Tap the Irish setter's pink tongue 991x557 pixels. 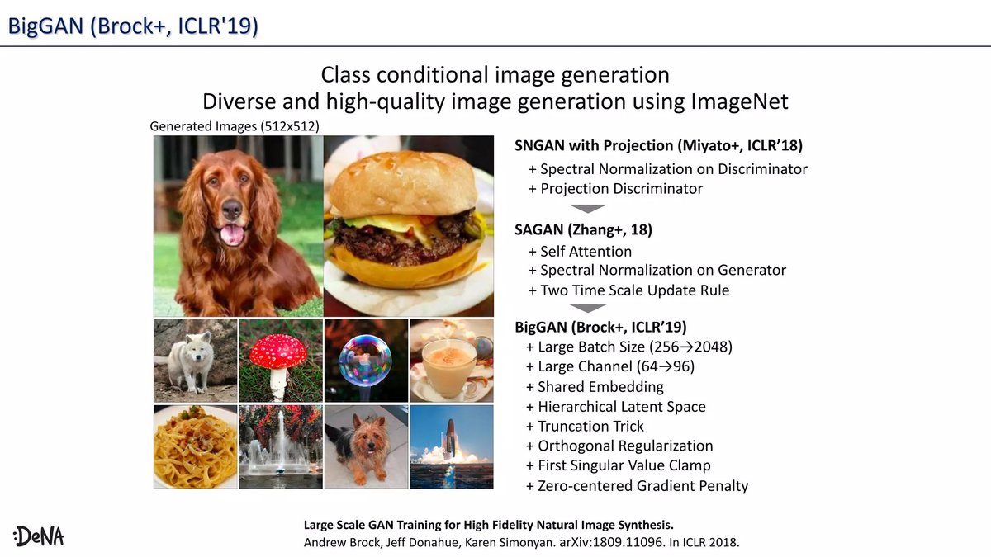point(232,234)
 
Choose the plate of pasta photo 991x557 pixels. point(195,446)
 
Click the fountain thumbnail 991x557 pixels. point(279,446)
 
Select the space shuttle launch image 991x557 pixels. point(451,446)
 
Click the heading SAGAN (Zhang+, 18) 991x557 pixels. point(577,230)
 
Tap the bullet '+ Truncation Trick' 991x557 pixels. point(585,426)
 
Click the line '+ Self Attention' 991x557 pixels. point(580,251)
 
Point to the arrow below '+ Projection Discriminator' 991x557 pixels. point(589,209)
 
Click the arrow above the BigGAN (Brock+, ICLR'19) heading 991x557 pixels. point(589,308)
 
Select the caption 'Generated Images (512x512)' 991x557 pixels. point(234,126)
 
